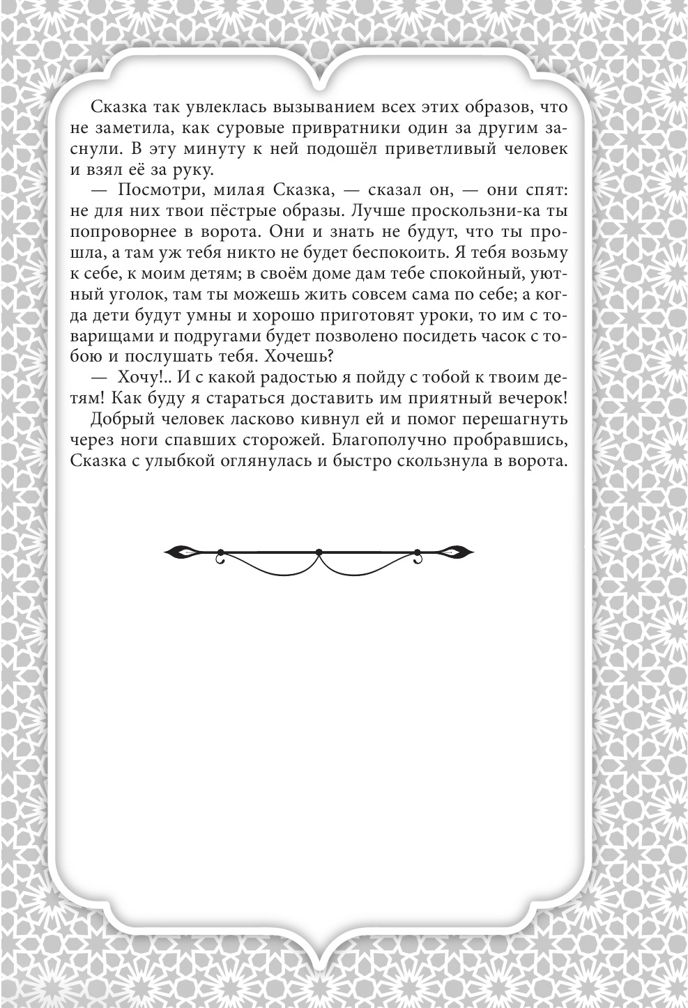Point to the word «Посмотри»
click(158, 190)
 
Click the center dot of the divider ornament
click(319, 552)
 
